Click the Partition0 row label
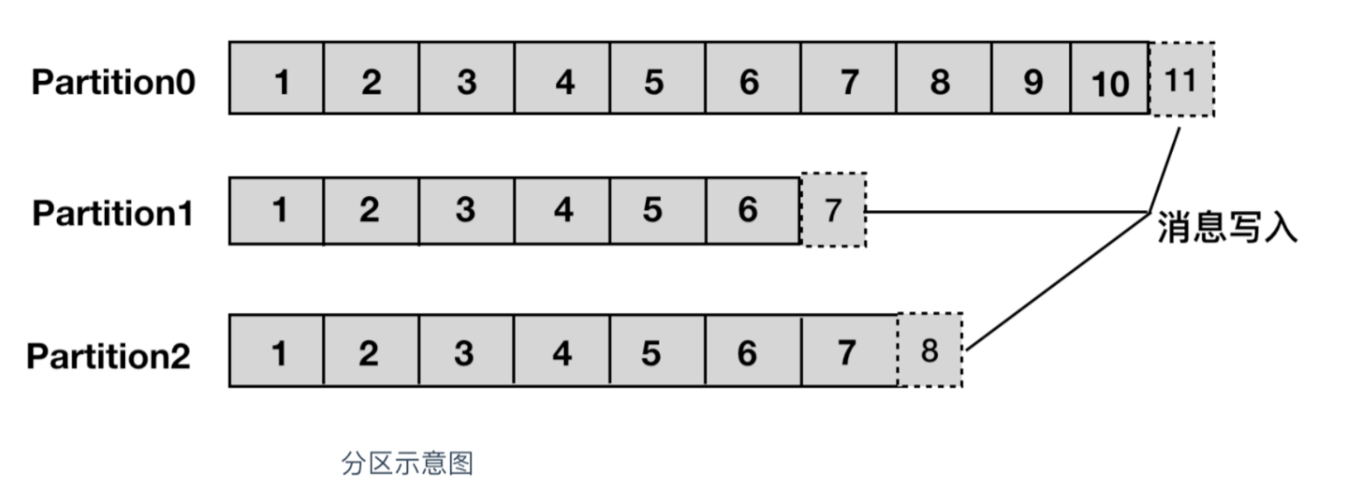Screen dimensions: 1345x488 pyautogui.click(x=113, y=82)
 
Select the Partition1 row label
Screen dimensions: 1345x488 pyautogui.click(x=113, y=213)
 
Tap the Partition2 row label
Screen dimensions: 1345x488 pyautogui.click(x=109, y=356)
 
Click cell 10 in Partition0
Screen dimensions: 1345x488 pyautogui.click(x=1110, y=78)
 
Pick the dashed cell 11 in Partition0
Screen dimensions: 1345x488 pyautogui.click(x=1182, y=79)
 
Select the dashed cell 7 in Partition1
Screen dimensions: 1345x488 pyautogui.click(x=833, y=210)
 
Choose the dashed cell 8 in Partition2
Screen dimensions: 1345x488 pyautogui.click(x=930, y=350)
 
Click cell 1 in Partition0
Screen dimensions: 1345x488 pyautogui.click(x=276, y=78)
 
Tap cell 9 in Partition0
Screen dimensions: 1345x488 pyautogui.click(x=1031, y=78)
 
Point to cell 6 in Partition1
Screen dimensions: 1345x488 pyautogui.click(x=753, y=211)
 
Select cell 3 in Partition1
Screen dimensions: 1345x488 pyautogui.click(x=467, y=211)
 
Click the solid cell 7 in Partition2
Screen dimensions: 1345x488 pyautogui.click(x=850, y=351)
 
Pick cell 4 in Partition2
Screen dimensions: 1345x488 pyautogui.click(x=562, y=351)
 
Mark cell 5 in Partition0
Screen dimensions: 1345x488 pyautogui.click(x=658, y=78)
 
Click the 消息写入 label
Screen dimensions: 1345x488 pyautogui.click(x=1227, y=227)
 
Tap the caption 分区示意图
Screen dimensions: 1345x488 pyautogui.click(x=407, y=463)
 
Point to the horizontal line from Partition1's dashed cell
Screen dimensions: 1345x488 pyautogui.click(x=1007, y=212)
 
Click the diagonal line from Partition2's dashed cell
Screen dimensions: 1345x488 pyautogui.click(x=1057, y=282)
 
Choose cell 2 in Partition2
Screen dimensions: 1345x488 pyautogui.click(x=371, y=351)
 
